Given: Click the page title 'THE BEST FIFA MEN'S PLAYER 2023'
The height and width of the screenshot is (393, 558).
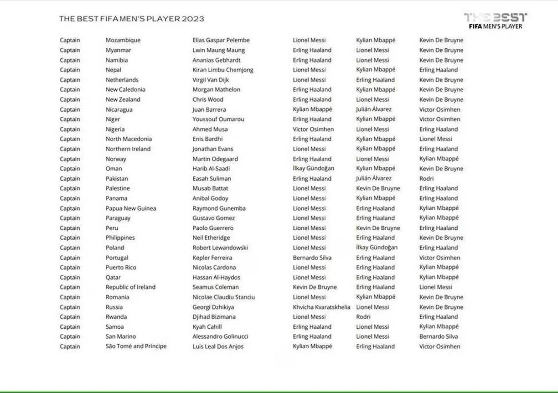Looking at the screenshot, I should (x=131, y=19).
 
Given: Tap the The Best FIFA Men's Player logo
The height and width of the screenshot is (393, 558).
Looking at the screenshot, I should (x=495, y=21).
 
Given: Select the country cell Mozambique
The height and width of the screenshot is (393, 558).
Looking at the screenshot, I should (x=123, y=40).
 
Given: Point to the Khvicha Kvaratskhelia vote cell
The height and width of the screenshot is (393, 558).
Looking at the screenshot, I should (x=321, y=307).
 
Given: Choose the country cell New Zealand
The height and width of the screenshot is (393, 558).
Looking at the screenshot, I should (x=123, y=99).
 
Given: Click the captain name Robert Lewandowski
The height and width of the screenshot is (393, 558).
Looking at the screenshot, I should (x=220, y=248).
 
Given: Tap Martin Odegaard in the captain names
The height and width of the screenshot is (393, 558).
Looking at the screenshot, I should (x=215, y=159).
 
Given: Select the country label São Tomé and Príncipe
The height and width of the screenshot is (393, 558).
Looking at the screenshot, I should (x=136, y=346).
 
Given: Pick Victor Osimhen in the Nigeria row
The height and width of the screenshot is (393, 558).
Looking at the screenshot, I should (x=313, y=129).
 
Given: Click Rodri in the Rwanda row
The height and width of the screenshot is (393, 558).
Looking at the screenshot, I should (x=363, y=317).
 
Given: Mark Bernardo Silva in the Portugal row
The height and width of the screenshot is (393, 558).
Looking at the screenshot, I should (x=312, y=258).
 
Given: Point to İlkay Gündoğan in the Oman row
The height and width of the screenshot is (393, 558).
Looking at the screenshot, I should (x=314, y=169).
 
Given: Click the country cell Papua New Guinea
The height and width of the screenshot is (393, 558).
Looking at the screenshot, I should (x=131, y=208).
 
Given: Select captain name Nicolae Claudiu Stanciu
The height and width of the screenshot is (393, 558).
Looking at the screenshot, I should (x=223, y=297).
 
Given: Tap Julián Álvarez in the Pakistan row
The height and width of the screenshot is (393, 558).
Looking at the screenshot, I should (x=374, y=179).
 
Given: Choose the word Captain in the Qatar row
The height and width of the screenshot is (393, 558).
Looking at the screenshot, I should (x=70, y=278).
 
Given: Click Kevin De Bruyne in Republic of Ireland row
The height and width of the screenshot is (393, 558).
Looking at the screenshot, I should (x=315, y=287).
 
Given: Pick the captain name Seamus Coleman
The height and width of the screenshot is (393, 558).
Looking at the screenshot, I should (x=216, y=287).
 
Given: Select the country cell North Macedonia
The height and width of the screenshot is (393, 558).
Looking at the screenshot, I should (x=129, y=139).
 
